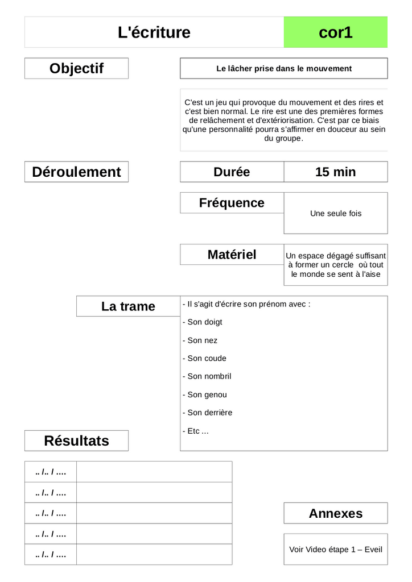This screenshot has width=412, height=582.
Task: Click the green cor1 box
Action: click(335, 32)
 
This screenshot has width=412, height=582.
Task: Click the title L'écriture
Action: click(154, 32)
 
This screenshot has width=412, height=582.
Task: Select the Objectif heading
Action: click(76, 68)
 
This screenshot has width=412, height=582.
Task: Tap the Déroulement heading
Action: click(76, 172)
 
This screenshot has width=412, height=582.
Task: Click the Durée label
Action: click(232, 172)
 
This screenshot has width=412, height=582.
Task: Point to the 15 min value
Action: click(335, 172)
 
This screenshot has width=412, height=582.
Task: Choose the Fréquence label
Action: click(232, 203)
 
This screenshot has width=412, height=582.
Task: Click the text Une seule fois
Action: click(336, 214)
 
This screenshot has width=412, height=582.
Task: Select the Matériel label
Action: click(232, 255)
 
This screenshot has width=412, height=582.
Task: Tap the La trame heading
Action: click(128, 306)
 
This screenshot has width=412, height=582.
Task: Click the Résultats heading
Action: click(76, 440)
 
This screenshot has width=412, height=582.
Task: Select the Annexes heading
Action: click(335, 513)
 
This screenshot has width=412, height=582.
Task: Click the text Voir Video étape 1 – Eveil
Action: click(336, 550)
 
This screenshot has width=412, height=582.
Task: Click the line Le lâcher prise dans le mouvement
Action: click(284, 69)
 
